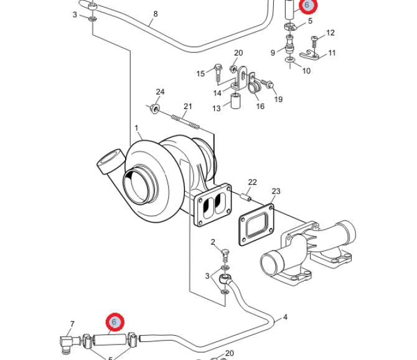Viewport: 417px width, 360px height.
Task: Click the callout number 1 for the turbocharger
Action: tap(136, 128)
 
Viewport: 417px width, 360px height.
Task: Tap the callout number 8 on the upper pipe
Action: tap(156, 14)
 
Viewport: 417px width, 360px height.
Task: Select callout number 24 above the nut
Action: tap(160, 92)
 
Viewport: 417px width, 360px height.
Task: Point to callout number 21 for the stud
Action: tap(188, 107)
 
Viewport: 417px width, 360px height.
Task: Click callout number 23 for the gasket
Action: tap(276, 191)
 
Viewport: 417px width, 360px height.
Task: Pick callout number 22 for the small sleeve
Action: tap(253, 182)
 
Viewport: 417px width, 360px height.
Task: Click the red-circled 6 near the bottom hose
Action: tap(115, 322)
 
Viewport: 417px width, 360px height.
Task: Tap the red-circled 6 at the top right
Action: tap(307, 5)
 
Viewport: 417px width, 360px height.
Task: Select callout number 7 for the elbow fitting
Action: tap(72, 324)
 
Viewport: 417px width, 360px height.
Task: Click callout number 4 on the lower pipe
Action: tap(285, 317)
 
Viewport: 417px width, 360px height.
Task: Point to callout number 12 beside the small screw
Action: tap(330, 33)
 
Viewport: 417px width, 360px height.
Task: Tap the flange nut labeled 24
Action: tap(155, 108)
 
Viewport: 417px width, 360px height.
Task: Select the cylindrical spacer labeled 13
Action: tap(236, 100)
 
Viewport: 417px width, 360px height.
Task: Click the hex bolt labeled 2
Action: tap(225, 256)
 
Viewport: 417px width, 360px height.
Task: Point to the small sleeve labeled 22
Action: tap(246, 197)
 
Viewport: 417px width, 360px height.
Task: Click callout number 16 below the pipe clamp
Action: tap(260, 107)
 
